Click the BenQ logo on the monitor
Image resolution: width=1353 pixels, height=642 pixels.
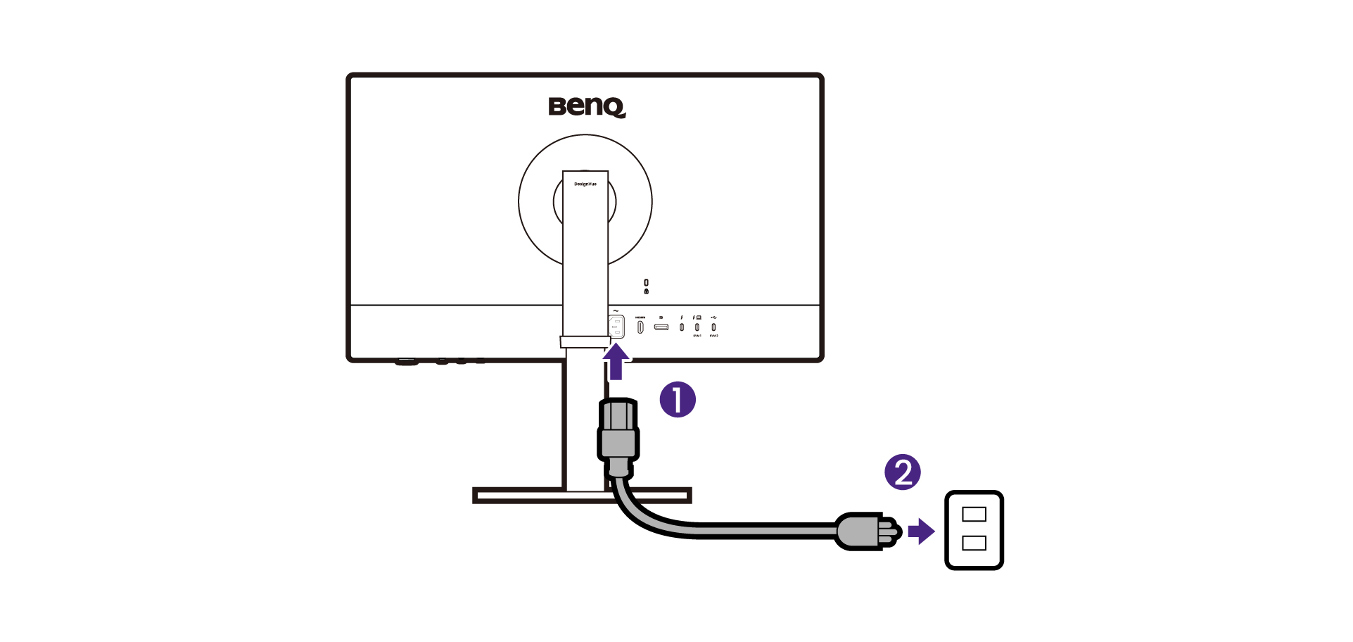click(x=587, y=107)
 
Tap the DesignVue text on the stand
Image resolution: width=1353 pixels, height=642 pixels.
click(x=585, y=184)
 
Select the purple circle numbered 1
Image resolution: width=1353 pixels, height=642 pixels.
click(x=678, y=400)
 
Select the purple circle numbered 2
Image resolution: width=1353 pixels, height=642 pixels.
click(x=903, y=472)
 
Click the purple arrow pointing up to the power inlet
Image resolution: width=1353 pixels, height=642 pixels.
click(x=616, y=362)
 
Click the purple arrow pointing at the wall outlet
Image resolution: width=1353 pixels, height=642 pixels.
click(x=920, y=531)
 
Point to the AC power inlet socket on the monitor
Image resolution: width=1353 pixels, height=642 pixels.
click(x=616, y=327)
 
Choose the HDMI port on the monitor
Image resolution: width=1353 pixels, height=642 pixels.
click(x=640, y=327)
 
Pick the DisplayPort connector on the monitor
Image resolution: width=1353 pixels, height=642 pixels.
click(x=661, y=327)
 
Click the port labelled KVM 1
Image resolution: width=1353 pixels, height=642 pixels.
click(x=697, y=327)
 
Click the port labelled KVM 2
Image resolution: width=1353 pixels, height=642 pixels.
click(x=713, y=327)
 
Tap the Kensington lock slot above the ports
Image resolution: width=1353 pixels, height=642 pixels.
click(x=647, y=282)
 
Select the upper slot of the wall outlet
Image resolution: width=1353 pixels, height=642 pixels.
click(x=974, y=515)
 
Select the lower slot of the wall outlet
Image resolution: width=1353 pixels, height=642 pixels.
click(x=974, y=543)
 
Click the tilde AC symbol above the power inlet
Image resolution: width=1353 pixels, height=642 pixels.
click(x=616, y=311)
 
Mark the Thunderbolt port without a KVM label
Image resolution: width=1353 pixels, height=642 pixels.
click(x=681, y=327)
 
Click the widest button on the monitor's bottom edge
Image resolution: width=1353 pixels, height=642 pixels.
click(x=406, y=363)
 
